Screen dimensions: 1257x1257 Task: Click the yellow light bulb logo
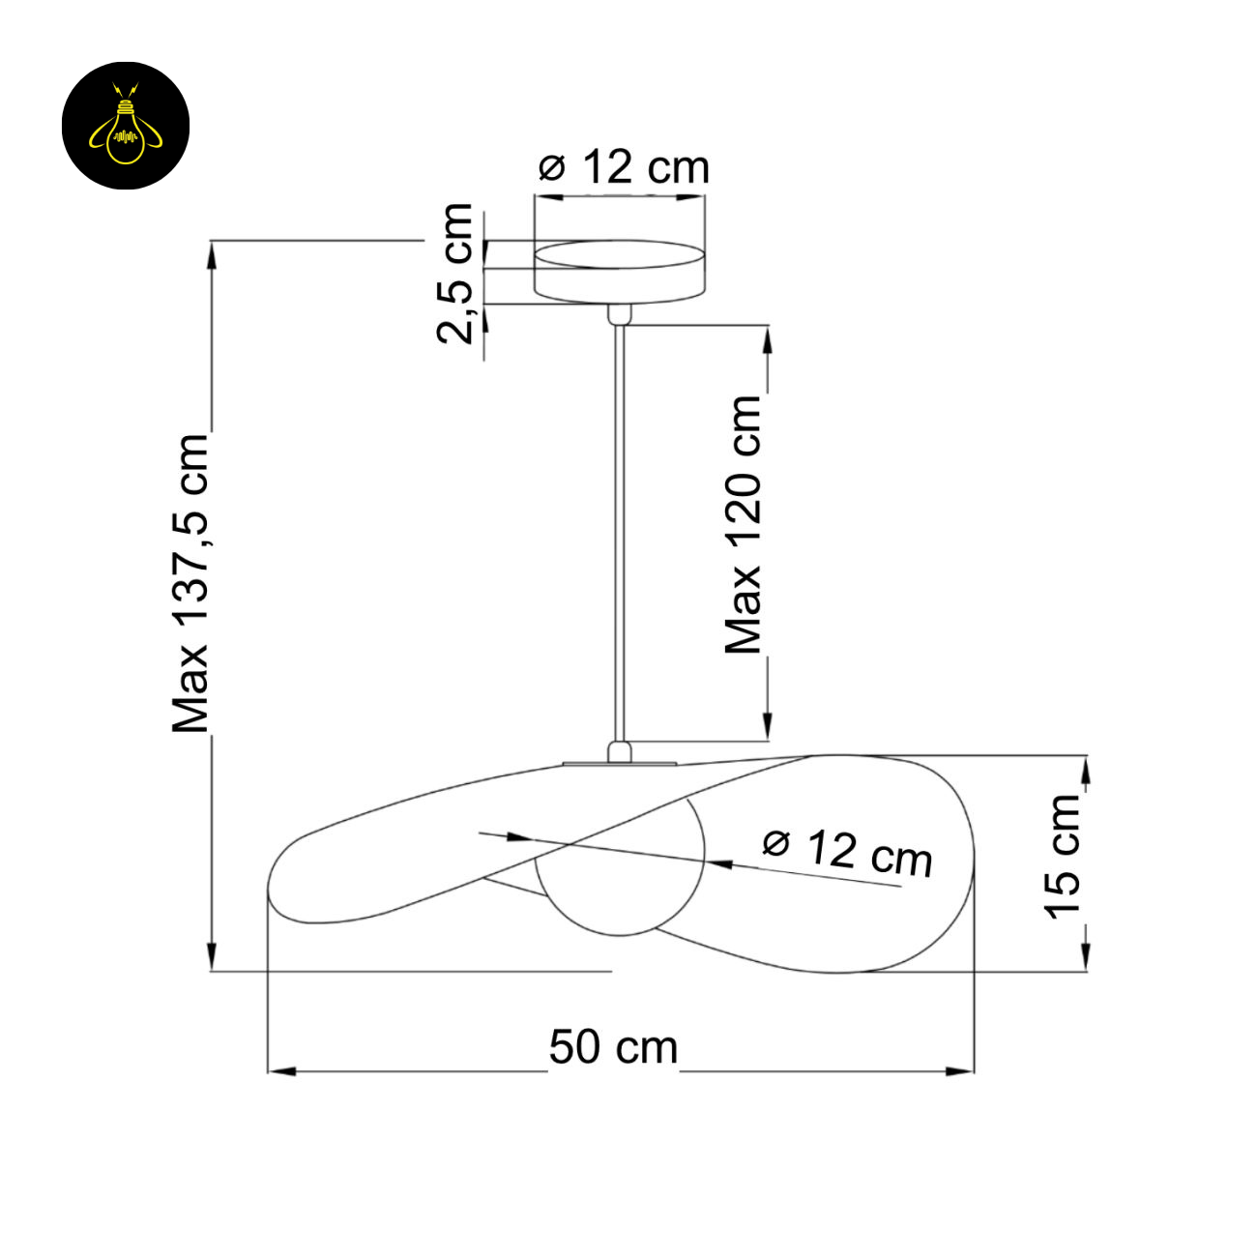coord(126,126)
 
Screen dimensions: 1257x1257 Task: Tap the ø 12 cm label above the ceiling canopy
coord(624,167)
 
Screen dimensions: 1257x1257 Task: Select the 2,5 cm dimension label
coord(454,274)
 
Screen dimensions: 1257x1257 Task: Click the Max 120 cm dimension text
coord(743,524)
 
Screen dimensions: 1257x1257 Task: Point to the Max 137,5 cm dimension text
coord(190,582)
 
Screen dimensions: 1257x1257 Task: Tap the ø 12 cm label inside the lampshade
coord(847,853)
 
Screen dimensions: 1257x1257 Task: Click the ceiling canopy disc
coord(619,272)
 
